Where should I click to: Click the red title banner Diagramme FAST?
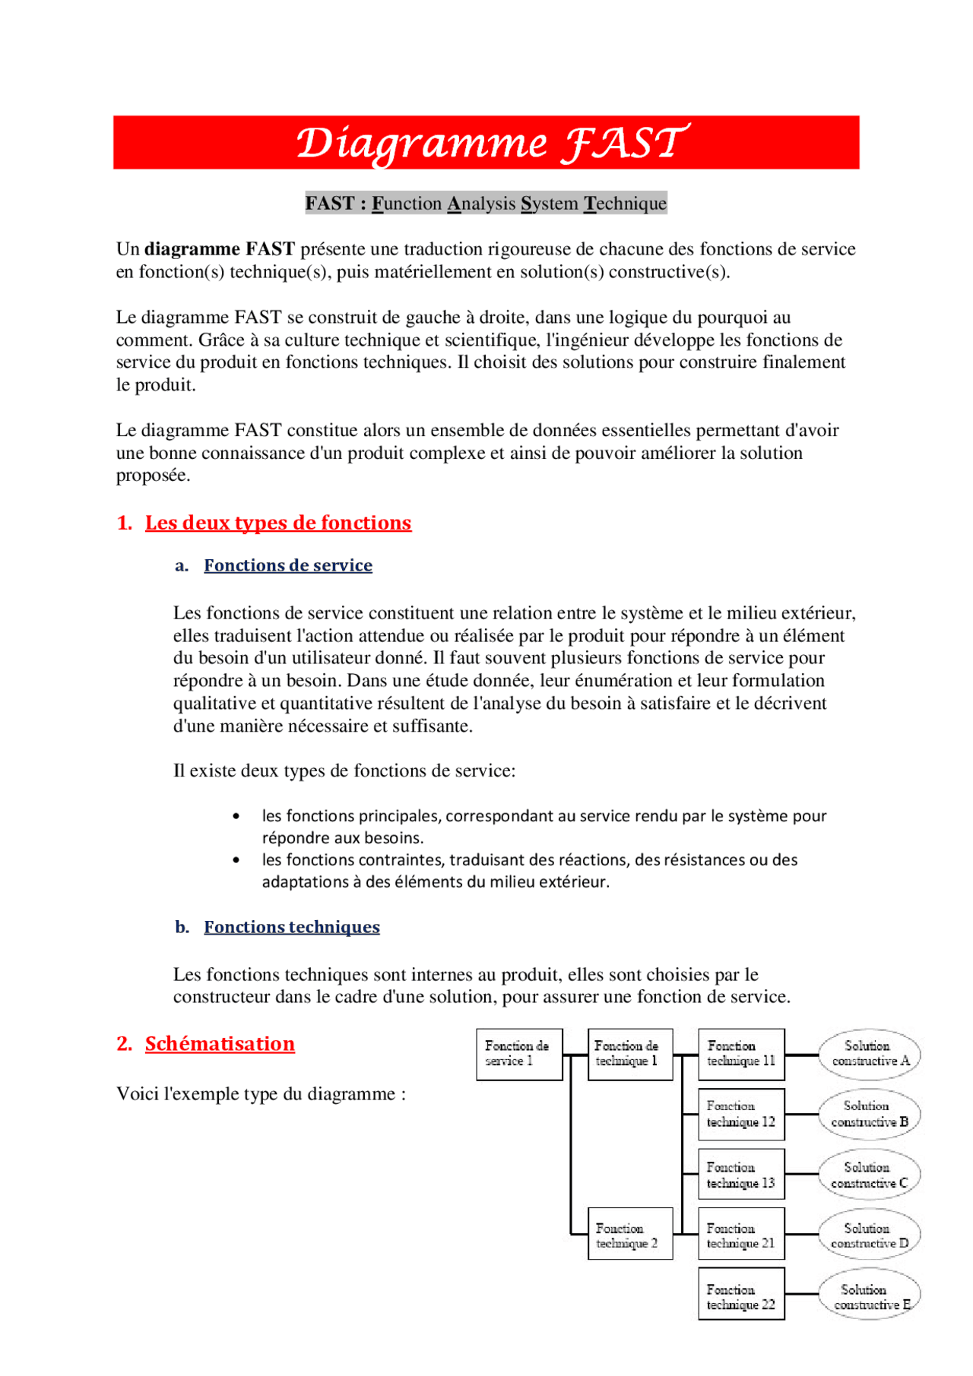486,143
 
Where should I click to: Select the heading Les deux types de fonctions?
278,523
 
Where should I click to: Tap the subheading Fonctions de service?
288,565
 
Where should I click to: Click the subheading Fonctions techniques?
292,927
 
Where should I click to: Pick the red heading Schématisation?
220,1044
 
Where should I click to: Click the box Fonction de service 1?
519,1054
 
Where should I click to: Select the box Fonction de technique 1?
630,1054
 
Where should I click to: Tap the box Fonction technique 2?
630,1236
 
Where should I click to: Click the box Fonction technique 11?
741,1054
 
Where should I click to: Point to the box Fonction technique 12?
741,1114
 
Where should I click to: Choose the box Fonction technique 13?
741,1175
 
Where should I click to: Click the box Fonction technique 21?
741,1236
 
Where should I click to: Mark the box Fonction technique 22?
741,1297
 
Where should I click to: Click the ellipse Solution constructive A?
870,1054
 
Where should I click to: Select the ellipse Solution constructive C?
870,1175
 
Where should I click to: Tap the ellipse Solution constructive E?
870,1297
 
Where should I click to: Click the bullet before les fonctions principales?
236,817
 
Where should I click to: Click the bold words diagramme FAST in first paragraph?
220,249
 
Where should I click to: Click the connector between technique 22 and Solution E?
802,1294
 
